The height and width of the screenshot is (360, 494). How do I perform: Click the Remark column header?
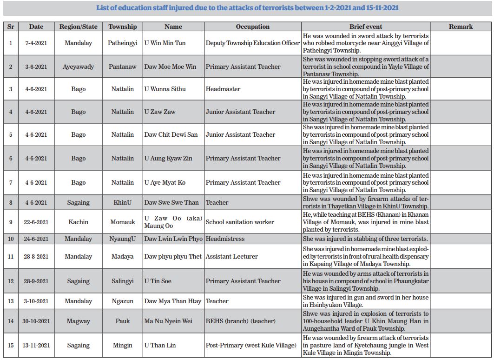point(461,27)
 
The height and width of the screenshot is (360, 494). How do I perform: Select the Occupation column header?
point(252,27)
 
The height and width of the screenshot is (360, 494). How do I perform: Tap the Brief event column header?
point(365,27)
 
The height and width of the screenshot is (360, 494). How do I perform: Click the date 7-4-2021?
point(36,43)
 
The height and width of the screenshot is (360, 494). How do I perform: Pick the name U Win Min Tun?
point(165,43)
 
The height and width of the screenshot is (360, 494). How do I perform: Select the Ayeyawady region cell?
point(78,67)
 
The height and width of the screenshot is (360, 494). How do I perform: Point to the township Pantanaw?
point(123,67)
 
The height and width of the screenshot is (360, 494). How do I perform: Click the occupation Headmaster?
point(223,89)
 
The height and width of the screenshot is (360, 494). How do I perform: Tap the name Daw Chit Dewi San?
point(171,134)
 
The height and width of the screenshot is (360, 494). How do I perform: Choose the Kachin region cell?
point(78,222)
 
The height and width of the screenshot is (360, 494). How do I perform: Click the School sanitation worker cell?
point(240,222)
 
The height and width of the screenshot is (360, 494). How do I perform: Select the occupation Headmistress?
point(225,239)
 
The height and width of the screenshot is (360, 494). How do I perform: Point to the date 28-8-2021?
point(36,256)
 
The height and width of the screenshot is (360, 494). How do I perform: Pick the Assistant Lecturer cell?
point(231,256)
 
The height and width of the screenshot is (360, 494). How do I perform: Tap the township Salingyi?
point(123,281)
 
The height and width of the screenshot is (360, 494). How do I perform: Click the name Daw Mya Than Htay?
point(172,301)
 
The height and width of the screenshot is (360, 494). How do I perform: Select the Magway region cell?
point(78,321)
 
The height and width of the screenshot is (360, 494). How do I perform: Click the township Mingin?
point(123,345)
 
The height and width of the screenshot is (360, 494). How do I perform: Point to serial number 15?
point(11,345)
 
